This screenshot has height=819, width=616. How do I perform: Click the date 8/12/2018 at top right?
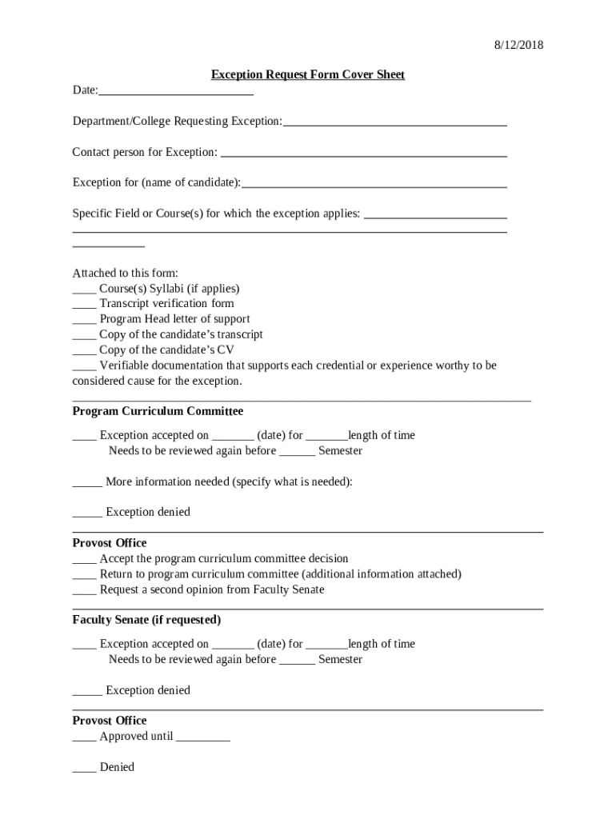coord(518,46)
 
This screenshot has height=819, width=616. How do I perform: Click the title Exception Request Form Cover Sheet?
coord(308,75)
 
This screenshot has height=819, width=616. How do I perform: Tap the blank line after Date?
coord(176,94)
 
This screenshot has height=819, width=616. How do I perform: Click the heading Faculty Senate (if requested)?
coord(146,620)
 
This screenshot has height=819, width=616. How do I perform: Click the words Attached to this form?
coord(126,273)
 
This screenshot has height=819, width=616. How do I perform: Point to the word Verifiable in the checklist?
coord(126,366)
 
